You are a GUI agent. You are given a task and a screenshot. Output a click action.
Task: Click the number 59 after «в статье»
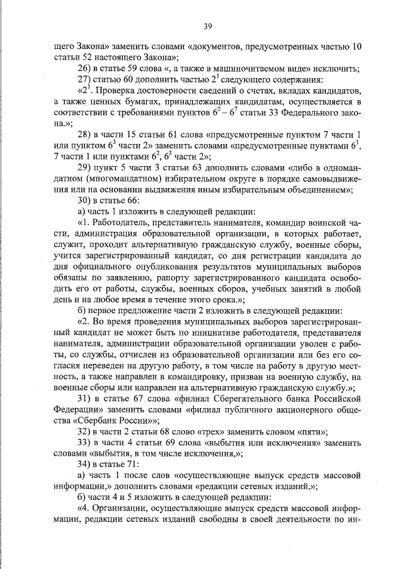pyautogui.click(x=138, y=68)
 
